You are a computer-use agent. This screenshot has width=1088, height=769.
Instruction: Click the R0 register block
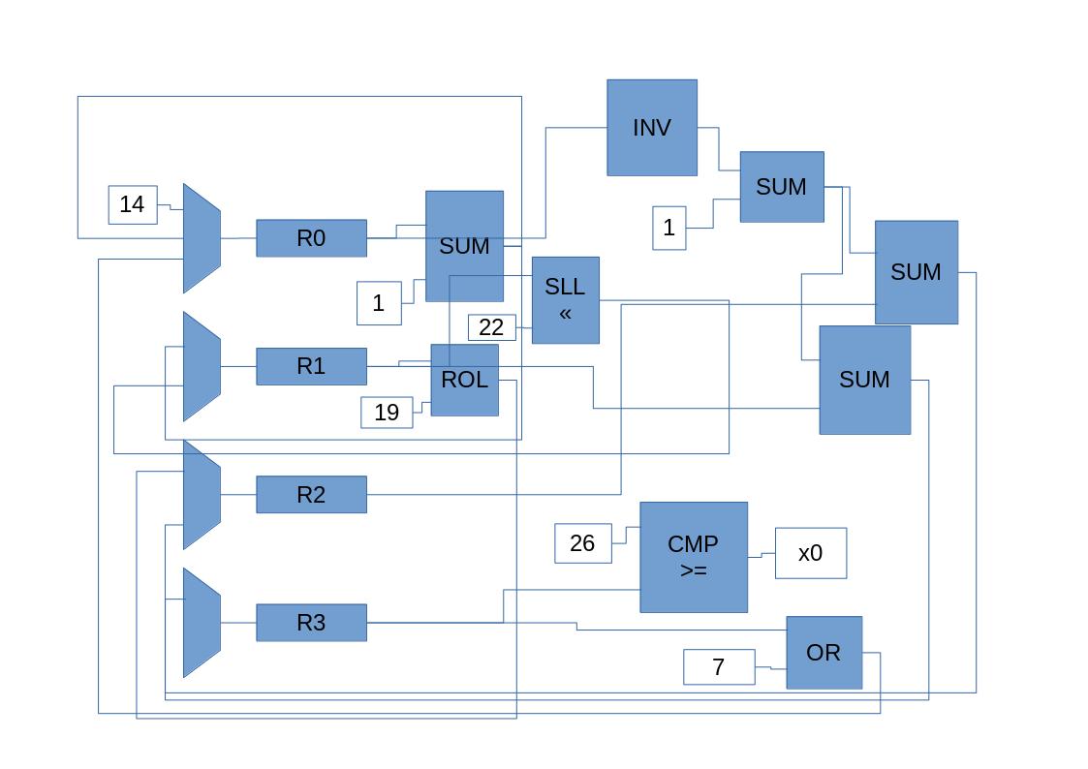pyautogui.click(x=311, y=238)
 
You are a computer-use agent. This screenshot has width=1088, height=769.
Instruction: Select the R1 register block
pyautogui.click(x=311, y=366)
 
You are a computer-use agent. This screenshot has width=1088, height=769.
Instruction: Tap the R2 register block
pyautogui.click(x=311, y=494)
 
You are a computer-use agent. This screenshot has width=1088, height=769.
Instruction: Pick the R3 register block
pyautogui.click(x=311, y=622)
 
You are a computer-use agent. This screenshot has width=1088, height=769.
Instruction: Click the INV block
pyautogui.click(x=651, y=128)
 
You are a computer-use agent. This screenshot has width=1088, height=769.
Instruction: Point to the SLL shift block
pyautogui.click(x=565, y=300)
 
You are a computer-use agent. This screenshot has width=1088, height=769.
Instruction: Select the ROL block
pyautogui.click(x=464, y=380)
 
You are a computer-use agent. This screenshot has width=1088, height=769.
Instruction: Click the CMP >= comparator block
pyautogui.click(x=693, y=557)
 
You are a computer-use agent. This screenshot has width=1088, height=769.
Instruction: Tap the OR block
pyautogui.click(x=824, y=653)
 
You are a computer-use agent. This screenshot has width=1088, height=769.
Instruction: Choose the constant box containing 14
pyautogui.click(x=133, y=204)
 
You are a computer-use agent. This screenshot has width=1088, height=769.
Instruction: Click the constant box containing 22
pyautogui.click(x=491, y=327)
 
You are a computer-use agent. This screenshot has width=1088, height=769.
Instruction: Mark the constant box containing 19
pyautogui.click(x=387, y=413)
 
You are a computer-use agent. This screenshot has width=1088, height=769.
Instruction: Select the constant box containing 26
pyautogui.click(x=582, y=543)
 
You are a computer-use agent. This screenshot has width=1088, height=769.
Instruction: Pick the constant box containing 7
pyautogui.click(x=719, y=667)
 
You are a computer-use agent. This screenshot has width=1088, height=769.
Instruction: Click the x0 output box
pyautogui.click(x=810, y=553)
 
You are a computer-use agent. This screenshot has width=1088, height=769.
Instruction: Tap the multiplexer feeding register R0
pyautogui.click(x=202, y=238)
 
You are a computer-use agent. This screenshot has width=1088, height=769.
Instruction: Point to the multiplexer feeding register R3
pyautogui.click(x=202, y=622)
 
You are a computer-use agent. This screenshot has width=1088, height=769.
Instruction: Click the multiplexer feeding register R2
pyautogui.click(x=202, y=494)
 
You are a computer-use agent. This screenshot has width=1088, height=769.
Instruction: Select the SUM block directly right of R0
pyautogui.click(x=464, y=246)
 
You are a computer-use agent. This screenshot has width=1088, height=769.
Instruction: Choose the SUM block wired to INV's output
pyautogui.click(x=781, y=187)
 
